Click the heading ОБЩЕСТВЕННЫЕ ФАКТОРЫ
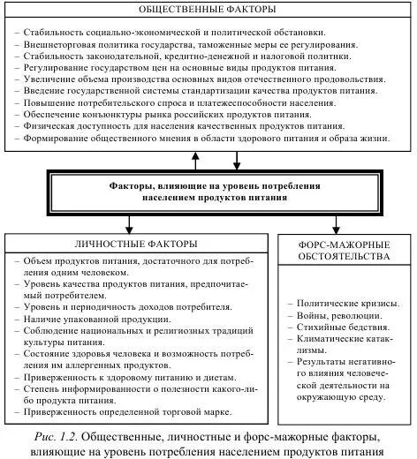[x=209, y=10]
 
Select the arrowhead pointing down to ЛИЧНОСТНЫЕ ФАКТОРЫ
[x=131, y=228]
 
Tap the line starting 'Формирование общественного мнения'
[x=209, y=139]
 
